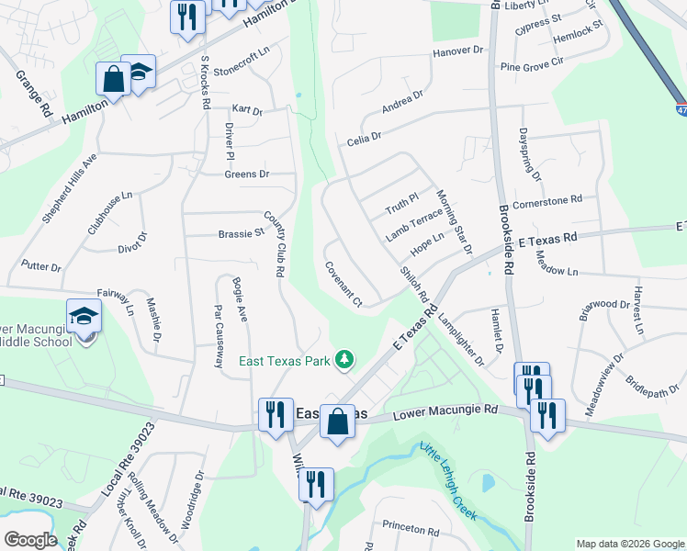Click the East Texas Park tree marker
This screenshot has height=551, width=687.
pos(344,360)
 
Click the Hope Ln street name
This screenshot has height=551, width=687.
pos(427,243)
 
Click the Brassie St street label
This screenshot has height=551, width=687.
pos(242,234)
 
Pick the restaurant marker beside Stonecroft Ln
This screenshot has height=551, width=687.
pos(187,17)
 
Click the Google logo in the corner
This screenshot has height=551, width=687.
pos(30,540)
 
